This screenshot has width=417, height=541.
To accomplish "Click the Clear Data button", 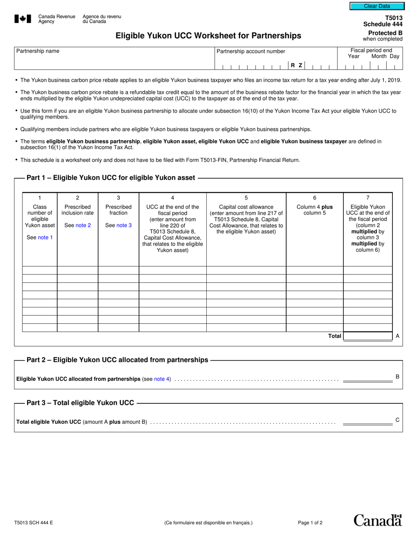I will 376,6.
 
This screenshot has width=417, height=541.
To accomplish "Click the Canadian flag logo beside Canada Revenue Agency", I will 23,18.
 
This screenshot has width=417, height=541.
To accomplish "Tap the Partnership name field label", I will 38,51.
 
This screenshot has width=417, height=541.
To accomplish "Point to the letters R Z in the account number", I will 296,65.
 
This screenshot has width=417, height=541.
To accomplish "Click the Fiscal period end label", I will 371,51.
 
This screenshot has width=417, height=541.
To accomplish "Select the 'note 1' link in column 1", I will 45,238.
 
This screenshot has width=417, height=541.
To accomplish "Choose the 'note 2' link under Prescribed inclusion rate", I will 83,225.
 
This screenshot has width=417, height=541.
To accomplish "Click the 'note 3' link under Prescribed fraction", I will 124,225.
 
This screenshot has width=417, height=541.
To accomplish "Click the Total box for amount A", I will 367,336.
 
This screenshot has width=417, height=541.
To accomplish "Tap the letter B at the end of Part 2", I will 397,377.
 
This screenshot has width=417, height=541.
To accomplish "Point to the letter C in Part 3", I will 397,420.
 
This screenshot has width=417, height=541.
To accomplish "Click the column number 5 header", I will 246,198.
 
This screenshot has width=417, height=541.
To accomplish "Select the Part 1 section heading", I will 111,178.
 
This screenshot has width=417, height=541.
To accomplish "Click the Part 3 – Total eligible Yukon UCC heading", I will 80,402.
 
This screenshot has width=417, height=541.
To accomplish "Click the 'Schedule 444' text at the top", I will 383,24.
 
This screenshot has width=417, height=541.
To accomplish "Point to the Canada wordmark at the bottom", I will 377,520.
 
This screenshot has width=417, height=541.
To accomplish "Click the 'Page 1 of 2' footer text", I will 310,523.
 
